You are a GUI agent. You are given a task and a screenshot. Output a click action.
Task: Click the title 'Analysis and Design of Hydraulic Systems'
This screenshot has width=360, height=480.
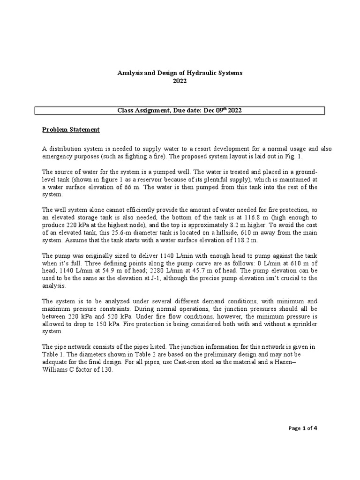tap(180, 73)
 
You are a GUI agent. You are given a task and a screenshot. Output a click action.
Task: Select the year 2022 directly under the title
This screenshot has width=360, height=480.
tap(180, 81)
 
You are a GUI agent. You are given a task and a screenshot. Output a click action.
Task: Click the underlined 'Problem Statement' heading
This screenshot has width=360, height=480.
tap(71, 129)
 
